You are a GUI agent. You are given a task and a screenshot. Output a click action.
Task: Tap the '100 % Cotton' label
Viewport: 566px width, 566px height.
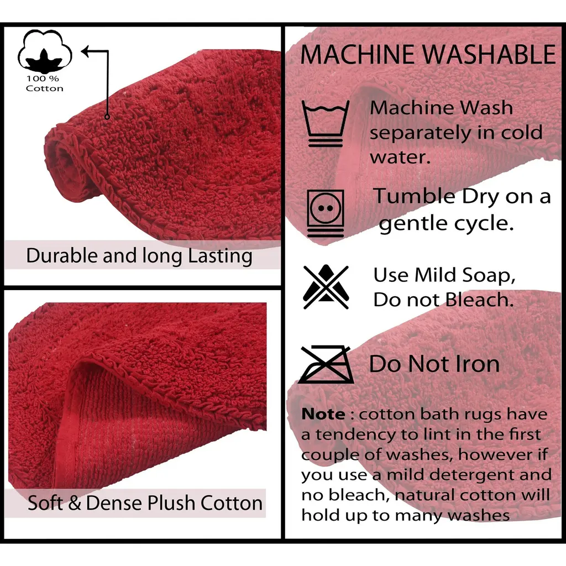(x=44, y=83)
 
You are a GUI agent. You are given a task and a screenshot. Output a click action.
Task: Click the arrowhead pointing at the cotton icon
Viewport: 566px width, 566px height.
(x=86, y=51)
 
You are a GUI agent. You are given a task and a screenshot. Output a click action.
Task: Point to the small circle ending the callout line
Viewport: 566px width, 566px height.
(x=107, y=117)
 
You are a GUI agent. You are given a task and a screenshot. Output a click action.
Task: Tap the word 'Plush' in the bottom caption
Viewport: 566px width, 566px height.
(x=172, y=502)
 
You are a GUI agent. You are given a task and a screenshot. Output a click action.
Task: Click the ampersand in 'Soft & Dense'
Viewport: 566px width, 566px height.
(x=75, y=503)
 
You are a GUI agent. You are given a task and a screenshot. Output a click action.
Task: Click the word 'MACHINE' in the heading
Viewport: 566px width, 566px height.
(x=358, y=55)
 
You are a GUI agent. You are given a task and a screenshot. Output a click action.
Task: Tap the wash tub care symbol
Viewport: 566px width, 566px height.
(x=325, y=123)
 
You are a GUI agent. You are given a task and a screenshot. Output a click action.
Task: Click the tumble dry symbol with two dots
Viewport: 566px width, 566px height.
(x=326, y=213)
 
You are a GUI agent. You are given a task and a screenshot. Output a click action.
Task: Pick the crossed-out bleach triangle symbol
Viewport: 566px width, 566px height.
(x=326, y=287)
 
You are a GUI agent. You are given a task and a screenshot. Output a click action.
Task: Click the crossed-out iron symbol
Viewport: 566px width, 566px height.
(x=326, y=365)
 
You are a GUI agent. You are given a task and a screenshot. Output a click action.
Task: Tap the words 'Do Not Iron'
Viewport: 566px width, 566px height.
(x=434, y=364)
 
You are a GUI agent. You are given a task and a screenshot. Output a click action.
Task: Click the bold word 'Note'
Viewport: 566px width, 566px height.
(x=323, y=413)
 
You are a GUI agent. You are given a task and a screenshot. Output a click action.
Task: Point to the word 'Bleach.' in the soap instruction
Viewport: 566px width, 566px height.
(x=479, y=300)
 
